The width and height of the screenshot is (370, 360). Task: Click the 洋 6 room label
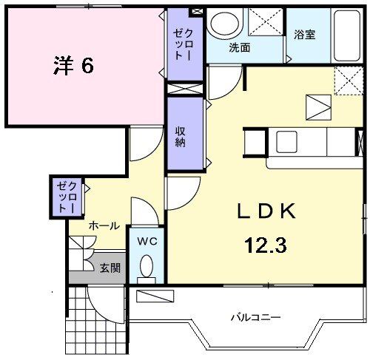pos(73,66)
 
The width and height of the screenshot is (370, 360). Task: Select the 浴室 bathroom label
pos(304,35)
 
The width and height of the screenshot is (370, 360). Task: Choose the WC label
pos(147,240)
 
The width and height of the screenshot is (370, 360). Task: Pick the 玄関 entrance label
pos(110,268)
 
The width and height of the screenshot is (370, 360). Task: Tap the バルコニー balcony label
pos(255,319)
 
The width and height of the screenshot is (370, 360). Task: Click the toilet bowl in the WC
pos(147,266)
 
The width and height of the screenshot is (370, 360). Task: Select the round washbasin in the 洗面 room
pos(222,24)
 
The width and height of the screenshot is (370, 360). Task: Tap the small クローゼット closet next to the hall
pos(67,197)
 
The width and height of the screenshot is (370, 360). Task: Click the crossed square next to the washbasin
pos(263,23)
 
